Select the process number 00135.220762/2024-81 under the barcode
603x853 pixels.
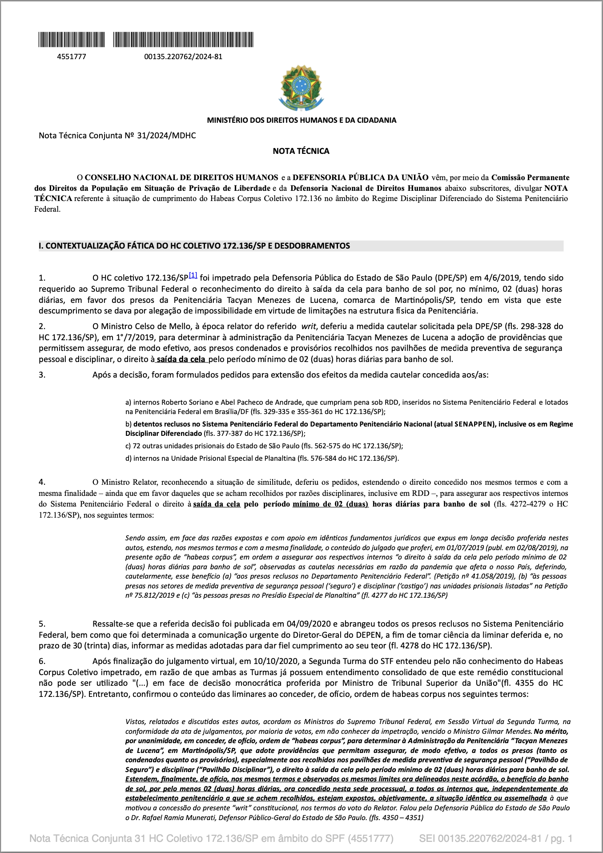183,57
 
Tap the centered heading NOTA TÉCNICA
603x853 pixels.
301,151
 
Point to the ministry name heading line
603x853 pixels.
301,120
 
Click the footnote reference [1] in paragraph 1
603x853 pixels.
193,275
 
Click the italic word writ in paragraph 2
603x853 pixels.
308,326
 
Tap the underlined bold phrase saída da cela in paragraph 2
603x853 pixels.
181,359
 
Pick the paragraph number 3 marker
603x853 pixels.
42,375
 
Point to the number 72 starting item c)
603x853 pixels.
137,446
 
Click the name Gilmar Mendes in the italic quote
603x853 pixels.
511,732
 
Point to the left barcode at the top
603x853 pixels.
72,40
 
